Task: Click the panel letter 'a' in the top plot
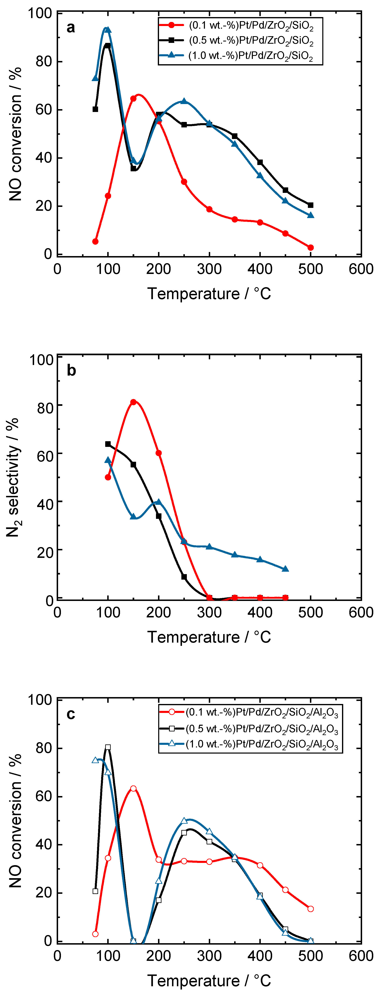click(x=71, y=28)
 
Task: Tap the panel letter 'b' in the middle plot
click(x=71, y=370)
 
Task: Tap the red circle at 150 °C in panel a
click(x=133, y=99)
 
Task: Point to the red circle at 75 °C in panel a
click(x=95, y=241)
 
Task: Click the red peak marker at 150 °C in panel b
click(x=133, y=402)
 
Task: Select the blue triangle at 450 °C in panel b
click(x=285, y=569)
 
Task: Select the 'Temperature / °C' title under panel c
click(x=209, y=980)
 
